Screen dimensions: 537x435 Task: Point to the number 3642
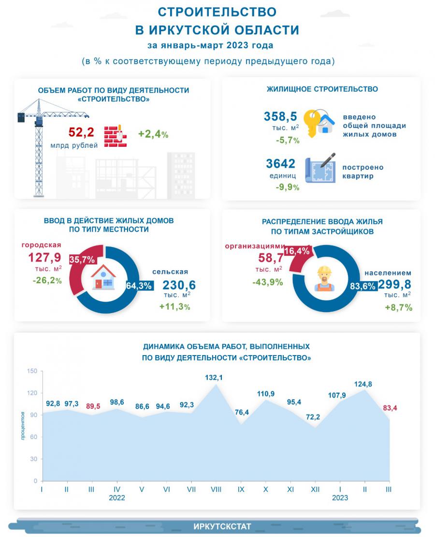281,164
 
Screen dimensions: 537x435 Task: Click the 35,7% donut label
82,259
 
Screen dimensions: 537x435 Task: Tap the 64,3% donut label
139,286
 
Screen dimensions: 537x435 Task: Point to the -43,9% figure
267,282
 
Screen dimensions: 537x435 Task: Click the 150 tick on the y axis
32,371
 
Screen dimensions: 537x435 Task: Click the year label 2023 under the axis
340,498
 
